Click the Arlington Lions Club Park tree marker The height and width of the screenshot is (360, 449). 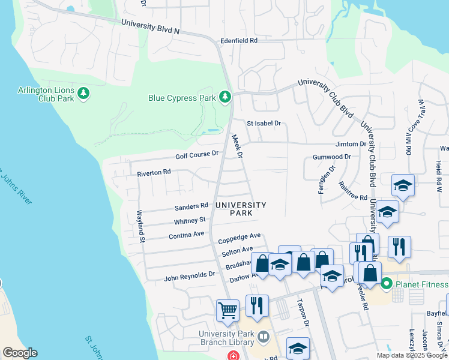coord(83,94)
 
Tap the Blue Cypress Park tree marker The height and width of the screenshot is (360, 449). coord(225,97)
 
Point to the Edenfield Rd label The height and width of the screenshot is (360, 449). coord(238,40)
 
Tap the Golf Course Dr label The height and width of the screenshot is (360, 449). coord(197,155)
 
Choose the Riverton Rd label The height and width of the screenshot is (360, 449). coord(154,172)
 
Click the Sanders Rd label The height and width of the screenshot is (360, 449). coord(191,207)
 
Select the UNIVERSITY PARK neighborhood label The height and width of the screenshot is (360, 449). coord(241,209)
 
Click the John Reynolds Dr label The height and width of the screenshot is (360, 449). coord(190,275)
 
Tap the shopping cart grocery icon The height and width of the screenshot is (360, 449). coord(228,311)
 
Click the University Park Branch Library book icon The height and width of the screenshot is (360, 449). coord(263,338)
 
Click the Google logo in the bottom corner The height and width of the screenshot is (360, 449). coord(20,353)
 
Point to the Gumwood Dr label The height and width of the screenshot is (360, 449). coord(331,157)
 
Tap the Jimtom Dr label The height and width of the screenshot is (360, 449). coord(351,144)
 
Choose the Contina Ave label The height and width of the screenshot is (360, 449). coord(186,235)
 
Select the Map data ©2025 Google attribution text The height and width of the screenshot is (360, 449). coord(411,355)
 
